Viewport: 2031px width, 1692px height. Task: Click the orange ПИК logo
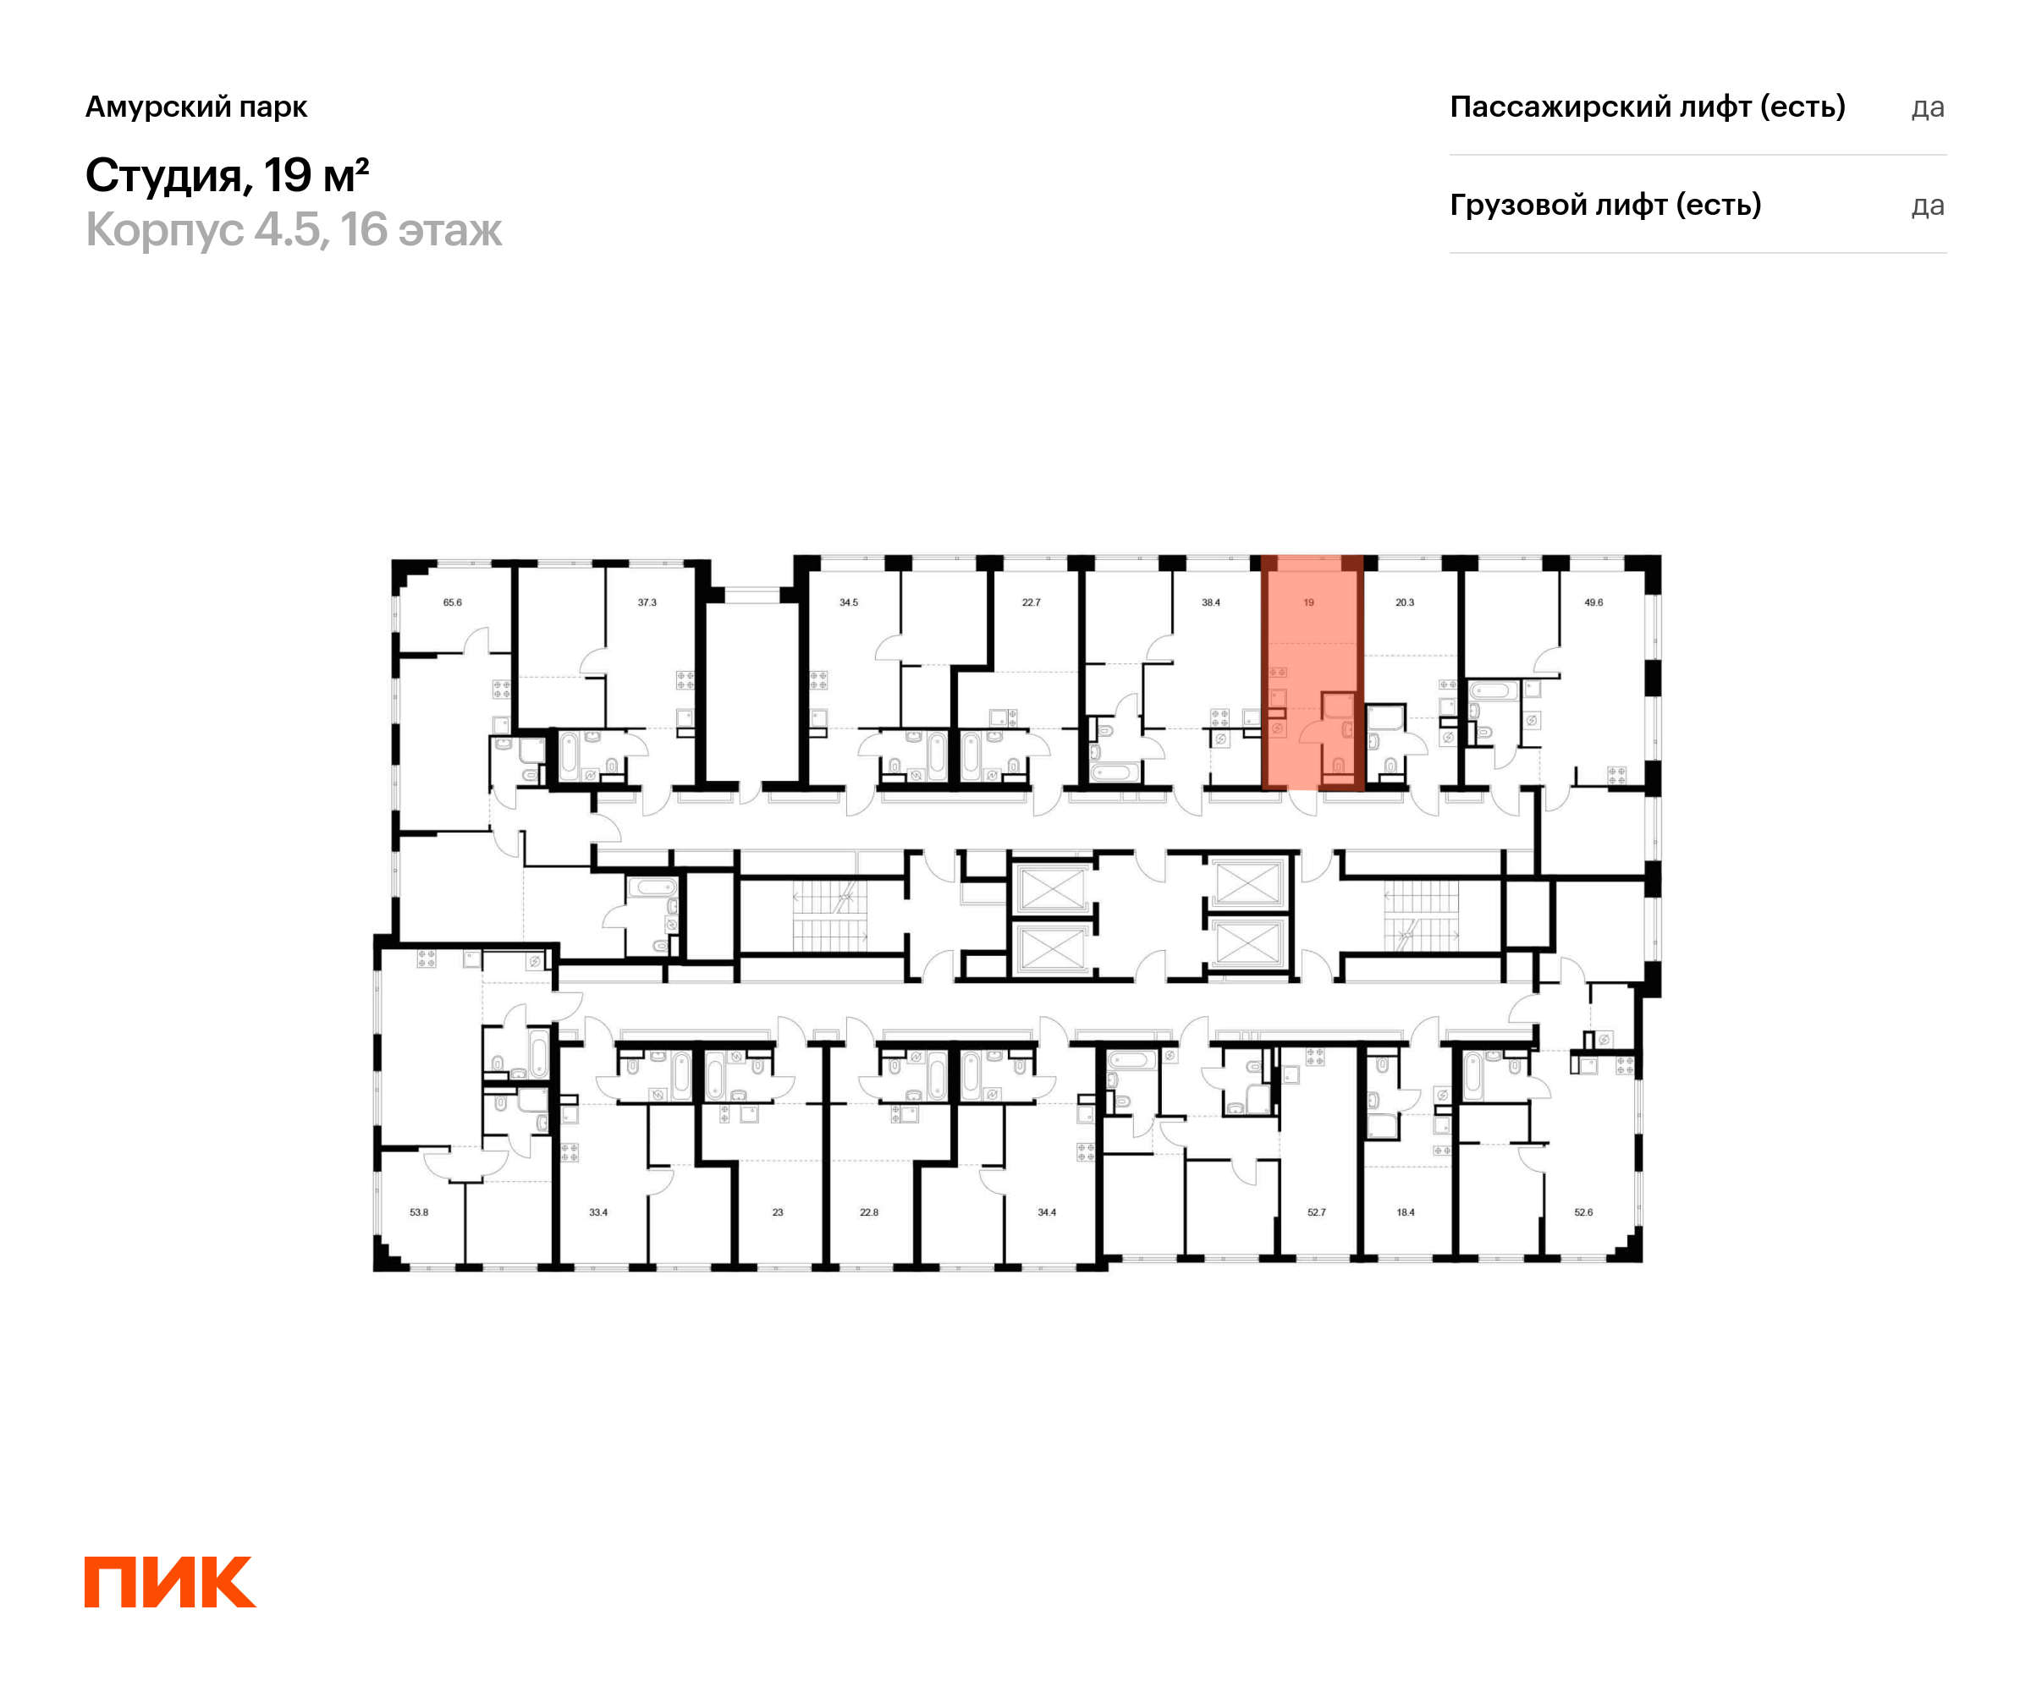pos(170,1582)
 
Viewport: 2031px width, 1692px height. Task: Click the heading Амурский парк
pos(196,107)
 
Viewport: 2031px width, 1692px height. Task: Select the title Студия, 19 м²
pos(228,176)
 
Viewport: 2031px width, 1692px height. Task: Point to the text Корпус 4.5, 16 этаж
pos(294,230)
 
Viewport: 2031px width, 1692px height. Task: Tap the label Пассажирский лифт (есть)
pos(1647,107)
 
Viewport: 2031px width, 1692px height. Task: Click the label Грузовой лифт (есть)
pos(1605,205)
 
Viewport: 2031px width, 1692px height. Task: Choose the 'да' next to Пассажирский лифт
pos(1928,107)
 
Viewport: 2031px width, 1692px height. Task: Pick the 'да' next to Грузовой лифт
pos(1928,206)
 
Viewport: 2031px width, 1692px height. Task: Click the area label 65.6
pos(453,602)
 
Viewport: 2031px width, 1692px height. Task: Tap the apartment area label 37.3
pos(647,602)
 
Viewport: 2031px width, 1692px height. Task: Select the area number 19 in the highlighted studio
pos(1308,602)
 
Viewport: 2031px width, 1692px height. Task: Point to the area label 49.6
pos(1593,602)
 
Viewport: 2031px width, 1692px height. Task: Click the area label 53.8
pos(419,1212)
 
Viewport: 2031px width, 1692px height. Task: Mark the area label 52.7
pos(1316,1212)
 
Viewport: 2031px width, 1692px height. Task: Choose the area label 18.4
pos(1406,1212)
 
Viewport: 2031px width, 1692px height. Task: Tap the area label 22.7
pos(1031,602)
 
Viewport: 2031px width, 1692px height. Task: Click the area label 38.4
pos(1211,602)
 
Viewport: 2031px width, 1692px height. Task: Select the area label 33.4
pos(598,1212)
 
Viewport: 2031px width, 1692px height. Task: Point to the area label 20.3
pos(1404,602)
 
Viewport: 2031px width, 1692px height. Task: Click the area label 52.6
pos(1583,1212)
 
